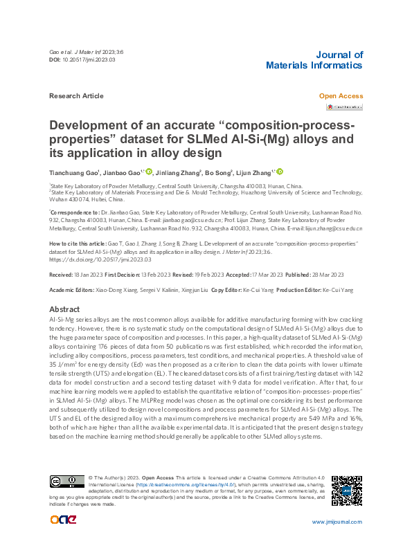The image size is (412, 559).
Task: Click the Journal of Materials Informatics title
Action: [314, 60]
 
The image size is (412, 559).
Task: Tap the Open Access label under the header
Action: [340, 96]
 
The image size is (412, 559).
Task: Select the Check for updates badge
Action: [344, 107]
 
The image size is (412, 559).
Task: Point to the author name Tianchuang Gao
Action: [74, 172]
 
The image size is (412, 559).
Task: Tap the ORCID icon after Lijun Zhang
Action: [280, 172]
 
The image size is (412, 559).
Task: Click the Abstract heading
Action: [65, 309]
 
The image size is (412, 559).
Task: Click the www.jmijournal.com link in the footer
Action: [337, 522]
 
